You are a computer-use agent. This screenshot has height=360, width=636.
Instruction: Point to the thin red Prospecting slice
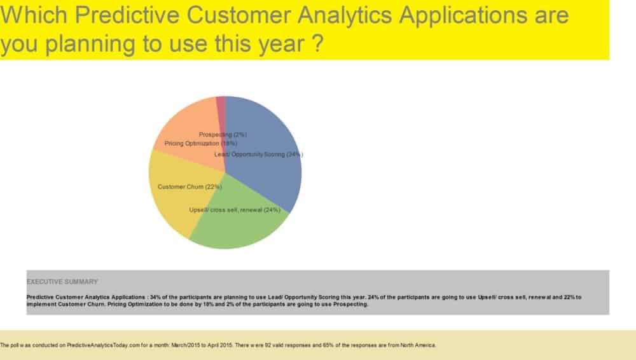pos(221,109)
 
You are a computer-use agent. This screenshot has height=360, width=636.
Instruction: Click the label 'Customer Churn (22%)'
pos(190,187)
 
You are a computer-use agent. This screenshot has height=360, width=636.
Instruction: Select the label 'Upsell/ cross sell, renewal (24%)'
pos(235,210)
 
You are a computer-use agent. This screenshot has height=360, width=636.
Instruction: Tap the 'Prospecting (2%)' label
pos(223,134)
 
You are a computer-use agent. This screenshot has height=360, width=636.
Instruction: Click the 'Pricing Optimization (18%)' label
pos(201,143)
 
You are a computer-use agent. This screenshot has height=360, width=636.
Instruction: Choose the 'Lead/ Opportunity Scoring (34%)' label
pos(258,154)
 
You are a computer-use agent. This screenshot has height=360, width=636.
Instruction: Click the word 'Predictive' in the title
pos(127,15)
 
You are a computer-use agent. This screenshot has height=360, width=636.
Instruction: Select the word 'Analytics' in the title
pos(344,16)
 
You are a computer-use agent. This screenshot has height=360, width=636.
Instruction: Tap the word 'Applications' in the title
pos(463,16)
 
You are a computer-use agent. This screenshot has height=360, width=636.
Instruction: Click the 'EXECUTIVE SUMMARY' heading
pos(62,282)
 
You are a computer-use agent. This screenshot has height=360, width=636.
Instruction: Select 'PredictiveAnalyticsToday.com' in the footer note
pos(104,345)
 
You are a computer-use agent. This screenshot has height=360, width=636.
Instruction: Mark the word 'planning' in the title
pos(90,45)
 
